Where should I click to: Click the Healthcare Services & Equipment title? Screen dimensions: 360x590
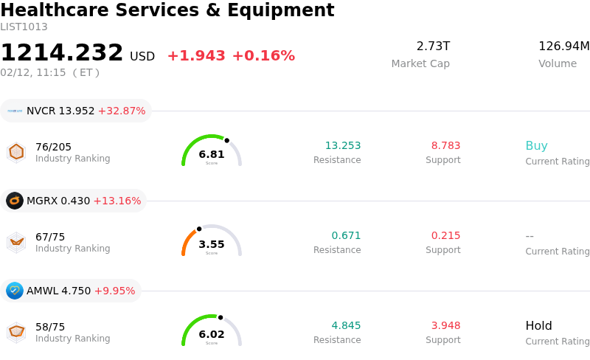167,10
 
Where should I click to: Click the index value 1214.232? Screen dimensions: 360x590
62,53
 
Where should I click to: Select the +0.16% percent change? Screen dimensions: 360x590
263,56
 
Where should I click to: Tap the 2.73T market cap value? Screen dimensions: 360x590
433,46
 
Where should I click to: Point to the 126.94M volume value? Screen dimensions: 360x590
563,46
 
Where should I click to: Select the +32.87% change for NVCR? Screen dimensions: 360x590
122,111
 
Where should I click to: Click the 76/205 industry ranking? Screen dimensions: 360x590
53,147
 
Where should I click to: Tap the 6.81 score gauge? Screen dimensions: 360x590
212,151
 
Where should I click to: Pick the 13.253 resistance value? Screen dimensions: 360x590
343,146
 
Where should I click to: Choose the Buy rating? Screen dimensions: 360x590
536,146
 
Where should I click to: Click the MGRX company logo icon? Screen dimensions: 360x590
15,201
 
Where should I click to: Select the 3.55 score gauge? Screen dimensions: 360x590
212,241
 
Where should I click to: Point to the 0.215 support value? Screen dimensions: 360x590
445,236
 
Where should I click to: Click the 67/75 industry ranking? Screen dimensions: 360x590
50,237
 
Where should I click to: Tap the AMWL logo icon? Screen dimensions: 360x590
15,291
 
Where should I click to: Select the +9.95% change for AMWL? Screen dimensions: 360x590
116,291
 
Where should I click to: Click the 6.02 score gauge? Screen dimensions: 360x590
212,331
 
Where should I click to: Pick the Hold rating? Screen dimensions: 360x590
538,326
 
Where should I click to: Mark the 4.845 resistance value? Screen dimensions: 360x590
346,326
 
